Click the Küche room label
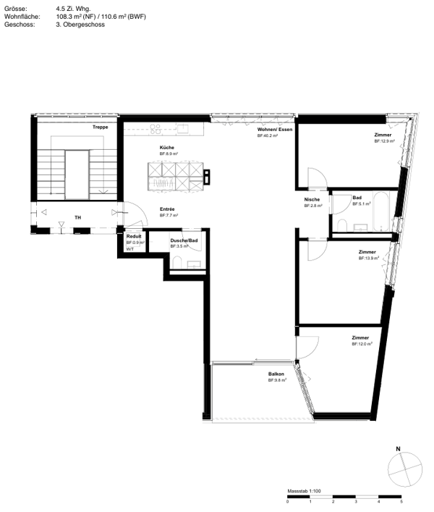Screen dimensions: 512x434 click(x=167, y=148)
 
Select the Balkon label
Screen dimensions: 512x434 click(x=276, y=374)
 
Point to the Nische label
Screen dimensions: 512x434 click(x=312, y=200)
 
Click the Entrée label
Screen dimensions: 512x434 click(x=167, y=209)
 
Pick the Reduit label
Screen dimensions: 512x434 click(x=134, y=236)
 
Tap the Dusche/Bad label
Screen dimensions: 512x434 click(x=184, y=240)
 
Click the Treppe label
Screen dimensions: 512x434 click(x=101, y=127)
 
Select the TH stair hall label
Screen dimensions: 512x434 click(x=77, y=217)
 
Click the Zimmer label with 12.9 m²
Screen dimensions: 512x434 click(x=383, y=135)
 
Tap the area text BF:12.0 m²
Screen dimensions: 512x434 click(x=362, y=344)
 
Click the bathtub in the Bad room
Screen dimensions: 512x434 click(x=382, y=208)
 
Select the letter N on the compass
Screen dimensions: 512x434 click(x=399, y=449)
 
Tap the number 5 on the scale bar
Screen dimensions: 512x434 click(x=401, y=502)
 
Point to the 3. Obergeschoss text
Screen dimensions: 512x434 click(x=80, y=24)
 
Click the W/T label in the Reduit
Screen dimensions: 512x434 click(x=130, y=249)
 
